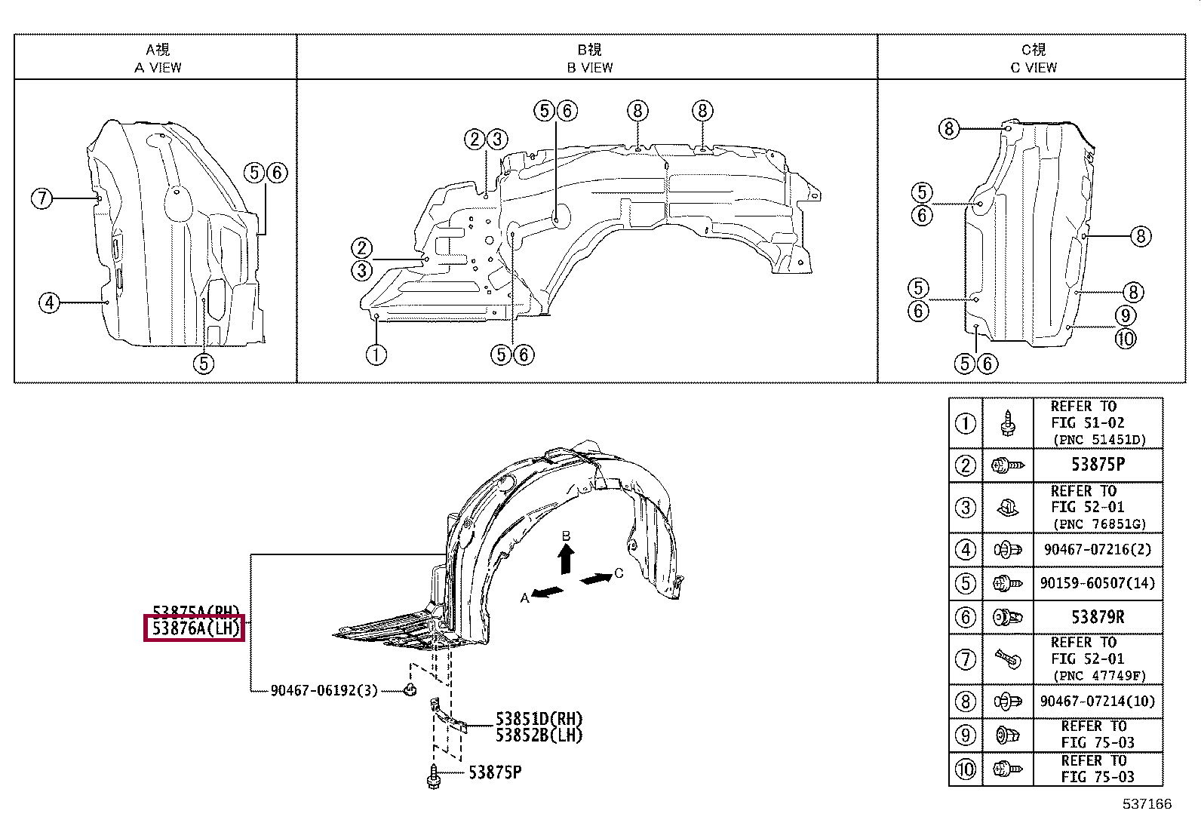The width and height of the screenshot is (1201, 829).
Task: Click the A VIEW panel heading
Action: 158,59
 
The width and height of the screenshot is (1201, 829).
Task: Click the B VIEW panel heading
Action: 590,59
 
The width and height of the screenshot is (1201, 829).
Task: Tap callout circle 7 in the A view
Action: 42,199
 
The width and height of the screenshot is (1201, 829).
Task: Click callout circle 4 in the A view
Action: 49,303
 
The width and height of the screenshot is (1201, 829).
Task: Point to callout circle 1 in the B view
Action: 376,354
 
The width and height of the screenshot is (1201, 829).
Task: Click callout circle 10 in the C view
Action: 1125,339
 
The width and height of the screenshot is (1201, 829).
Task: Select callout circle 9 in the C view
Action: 1125,315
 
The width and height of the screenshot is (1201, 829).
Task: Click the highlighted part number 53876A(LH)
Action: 195,628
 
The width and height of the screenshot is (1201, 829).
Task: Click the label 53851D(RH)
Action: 539,720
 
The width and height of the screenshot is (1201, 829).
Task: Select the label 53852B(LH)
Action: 539,735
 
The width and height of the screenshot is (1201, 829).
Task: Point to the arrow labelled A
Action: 547,591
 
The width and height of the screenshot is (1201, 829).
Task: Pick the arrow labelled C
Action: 597,579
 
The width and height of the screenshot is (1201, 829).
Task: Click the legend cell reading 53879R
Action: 1098,617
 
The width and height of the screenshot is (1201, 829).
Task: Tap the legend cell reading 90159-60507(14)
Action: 1098,583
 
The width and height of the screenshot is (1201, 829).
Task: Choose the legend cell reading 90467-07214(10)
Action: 1098,702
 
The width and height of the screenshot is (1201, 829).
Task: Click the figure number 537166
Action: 1147,804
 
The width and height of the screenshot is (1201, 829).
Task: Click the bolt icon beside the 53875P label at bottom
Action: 434,776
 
